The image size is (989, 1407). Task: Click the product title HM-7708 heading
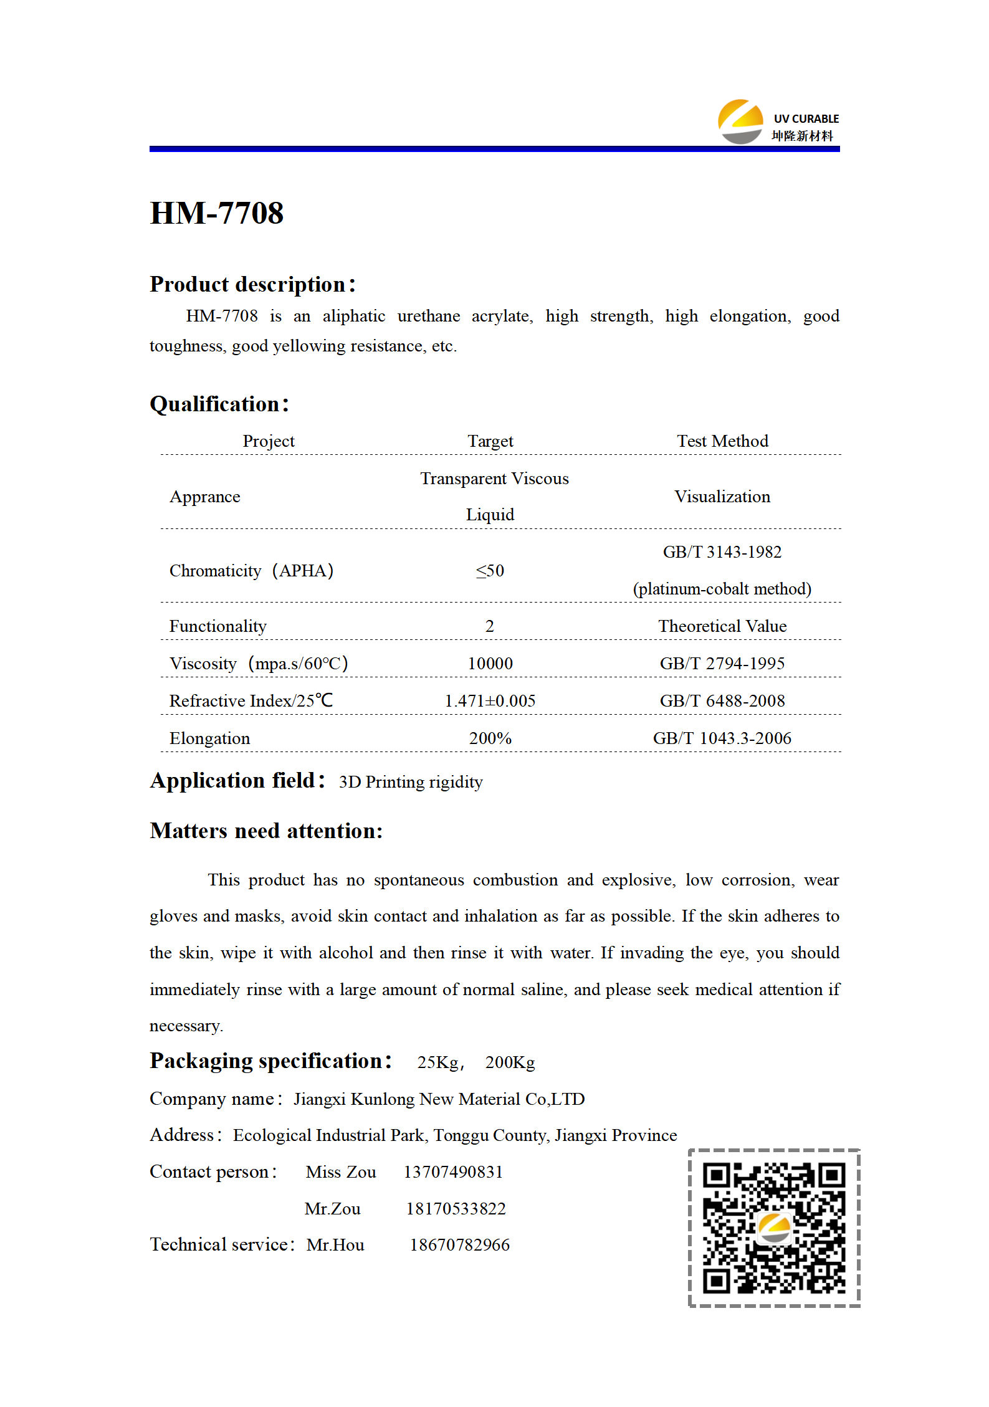217,213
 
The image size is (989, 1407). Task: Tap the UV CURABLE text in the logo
806,119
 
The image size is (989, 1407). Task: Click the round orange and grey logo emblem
740,122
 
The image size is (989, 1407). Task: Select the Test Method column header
722,441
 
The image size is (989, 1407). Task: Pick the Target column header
490,441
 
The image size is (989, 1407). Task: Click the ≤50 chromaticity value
490,571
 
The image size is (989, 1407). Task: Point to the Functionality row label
218,626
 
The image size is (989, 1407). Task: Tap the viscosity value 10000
490,664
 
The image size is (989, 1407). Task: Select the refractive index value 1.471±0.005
490,701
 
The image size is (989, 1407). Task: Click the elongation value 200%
490,738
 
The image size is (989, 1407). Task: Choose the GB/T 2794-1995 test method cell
722,664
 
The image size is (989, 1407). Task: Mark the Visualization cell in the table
722,497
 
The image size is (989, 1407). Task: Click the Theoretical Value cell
722,626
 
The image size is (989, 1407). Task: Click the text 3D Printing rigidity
411,782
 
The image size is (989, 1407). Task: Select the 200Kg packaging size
510,1062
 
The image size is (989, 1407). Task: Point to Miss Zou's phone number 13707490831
453,1172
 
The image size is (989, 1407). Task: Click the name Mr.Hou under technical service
335,1245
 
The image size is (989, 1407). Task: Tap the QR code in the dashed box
774,1228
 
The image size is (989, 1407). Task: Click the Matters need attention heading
266,831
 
